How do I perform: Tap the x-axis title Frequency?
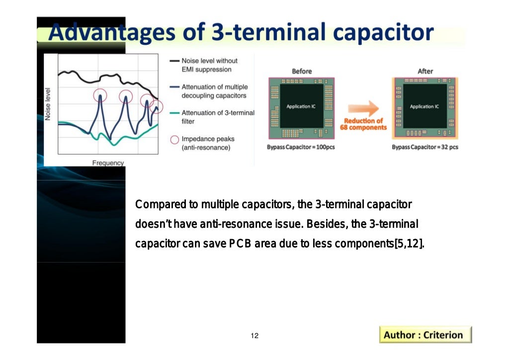coord(108,163)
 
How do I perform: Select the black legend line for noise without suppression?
coord(173,61)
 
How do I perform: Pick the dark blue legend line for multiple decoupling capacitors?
coord(173,87)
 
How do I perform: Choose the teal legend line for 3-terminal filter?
coord(173,113)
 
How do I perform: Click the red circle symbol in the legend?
coord(174,139)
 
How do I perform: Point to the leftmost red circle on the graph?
coord(100,95)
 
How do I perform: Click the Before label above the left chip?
coord(301,71)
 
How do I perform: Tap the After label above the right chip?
coord(425,71)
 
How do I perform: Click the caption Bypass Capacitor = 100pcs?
coord(301,147)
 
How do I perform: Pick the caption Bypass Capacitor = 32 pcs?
coord(425,147)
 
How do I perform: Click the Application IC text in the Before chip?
coord(301,106)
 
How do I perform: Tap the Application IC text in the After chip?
coord(424,106)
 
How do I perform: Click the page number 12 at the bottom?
coord(254,336)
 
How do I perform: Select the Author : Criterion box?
coord(425,335)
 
